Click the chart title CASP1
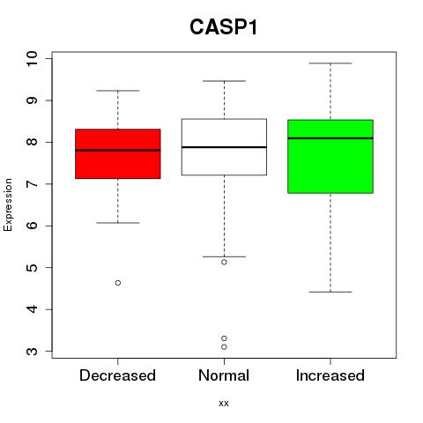click(x=224, y=27)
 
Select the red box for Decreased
click(x=118, y=153)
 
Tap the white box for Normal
click(x=224, y=147)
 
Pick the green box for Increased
click(x=330, y=156)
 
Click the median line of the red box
click(x=118, y=150)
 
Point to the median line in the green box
click(x=330, y=138)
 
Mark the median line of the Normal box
click(x=224, y=147)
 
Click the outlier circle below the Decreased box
click(x=118, y=283)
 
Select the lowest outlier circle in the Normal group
click(x=224, y=347)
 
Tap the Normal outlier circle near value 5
click(x=224, y=262)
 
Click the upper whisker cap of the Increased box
click(x=330, y=63)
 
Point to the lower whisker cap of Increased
click(x=330, y=292)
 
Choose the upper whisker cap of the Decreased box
click(x=118, y=91)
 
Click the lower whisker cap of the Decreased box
click(x=118, y=223)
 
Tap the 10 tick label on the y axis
click(x=33, y=59)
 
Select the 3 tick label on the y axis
click(x=33, y=352)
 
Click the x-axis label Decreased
click(x=117, y=375)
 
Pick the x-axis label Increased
click(x=330, y=375)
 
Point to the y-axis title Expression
click(x=8, y=204)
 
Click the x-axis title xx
click(x=224, y=404)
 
